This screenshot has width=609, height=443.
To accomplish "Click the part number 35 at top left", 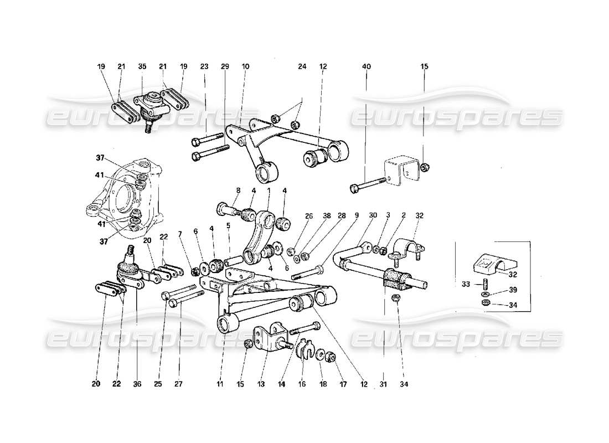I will pyautogui.click(x=142, y=66).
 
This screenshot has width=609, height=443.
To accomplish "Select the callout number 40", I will pyautogui.click(x=367, y=66).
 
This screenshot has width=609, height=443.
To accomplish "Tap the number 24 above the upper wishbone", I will pyautogui.click(x=302, y=66).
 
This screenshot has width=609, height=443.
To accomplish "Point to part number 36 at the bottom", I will pyautogui.click(x=137, y=383).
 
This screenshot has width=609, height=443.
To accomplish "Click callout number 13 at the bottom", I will pyautogui.click(x=262, y=383).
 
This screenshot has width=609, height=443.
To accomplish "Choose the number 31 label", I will pyautogui.click(x=384, y=383).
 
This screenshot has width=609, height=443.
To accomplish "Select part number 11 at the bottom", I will pyautogui.click(x=221, y=383).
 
